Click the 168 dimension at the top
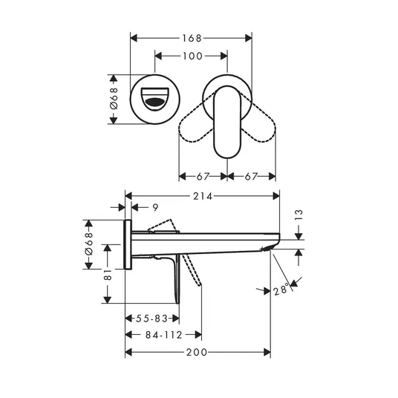(192, 39)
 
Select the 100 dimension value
(192, 56)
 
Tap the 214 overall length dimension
(202, 196)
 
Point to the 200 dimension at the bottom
(197, 352)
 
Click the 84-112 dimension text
(163, 335)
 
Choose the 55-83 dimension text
(151, 319)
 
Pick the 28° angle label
(281, 290)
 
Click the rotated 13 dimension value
(299, 215)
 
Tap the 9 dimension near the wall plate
(155, 207)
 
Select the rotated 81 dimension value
(108, 275)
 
